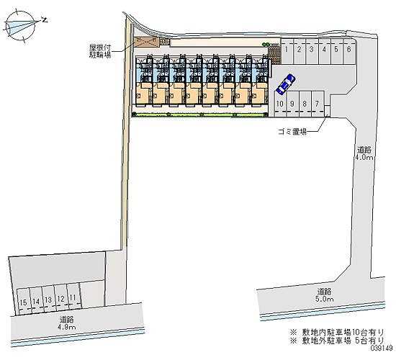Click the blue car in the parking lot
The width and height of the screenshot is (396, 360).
(286, 84)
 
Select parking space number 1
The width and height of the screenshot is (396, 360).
(287, 51)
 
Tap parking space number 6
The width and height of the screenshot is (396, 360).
(349, 51)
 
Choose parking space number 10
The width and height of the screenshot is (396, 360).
(280, 104)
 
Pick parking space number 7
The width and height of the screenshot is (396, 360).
(318, 104)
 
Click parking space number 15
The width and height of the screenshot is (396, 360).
(23, 302)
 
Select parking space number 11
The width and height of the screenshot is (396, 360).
(73, 297)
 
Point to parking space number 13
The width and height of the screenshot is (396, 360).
(48, 300)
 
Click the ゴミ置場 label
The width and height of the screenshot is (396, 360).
(292, 132)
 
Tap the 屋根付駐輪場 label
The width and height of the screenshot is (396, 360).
(100, 51)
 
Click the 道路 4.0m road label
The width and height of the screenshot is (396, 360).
(364, 153)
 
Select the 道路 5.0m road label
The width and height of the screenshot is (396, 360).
(324, 295)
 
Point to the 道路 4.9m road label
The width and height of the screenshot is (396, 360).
(67, 323)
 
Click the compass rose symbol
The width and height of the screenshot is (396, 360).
(20, 25)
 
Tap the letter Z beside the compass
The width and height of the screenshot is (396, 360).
(45, 19)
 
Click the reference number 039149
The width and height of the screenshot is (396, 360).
(382, 348)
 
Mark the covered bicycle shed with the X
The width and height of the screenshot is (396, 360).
(147, 42)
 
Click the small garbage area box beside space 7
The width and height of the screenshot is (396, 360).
(327, 111)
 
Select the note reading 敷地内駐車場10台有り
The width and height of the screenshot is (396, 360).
(337, 332)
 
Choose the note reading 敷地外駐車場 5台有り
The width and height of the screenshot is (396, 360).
(337, 341)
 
